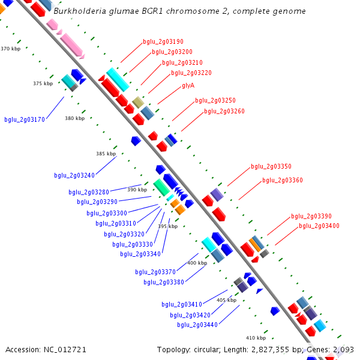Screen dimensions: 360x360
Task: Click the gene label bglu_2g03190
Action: (x=163, y=42)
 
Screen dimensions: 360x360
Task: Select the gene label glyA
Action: (x=188, y=85)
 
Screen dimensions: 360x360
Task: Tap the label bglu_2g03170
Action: (x=25, y=119)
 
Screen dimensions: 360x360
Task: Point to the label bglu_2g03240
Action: (x=74, y=175)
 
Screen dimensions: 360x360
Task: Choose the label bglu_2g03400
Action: (x=319, y=226)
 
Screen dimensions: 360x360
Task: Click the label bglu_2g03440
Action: (x=197, y=325)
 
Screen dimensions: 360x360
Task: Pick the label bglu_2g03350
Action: (x=271, y=166)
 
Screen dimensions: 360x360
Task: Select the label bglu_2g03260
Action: (x=224, y=111)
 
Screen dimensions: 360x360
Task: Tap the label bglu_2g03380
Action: (x=164, y=282)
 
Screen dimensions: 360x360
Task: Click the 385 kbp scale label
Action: (x=106, y=154)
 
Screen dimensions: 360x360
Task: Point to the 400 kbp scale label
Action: (x=197, y=263)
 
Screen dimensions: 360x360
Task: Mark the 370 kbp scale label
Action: (x=10, y=49)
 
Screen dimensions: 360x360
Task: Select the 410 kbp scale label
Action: (x=256, y=338)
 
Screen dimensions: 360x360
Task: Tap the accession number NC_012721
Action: (x=63, y=349)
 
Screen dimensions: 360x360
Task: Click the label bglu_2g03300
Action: (x=107, y=213)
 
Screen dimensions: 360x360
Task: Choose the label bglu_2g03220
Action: (x=191, y=73)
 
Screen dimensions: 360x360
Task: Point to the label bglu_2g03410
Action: (x=182, y=304)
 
